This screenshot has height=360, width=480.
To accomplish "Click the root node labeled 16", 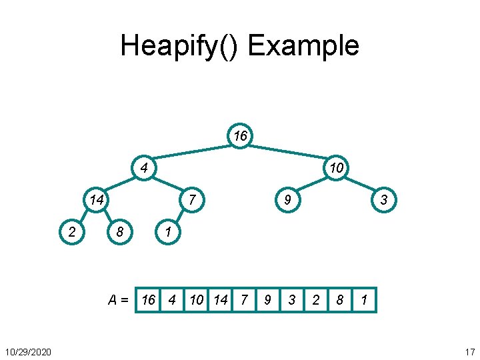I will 240,137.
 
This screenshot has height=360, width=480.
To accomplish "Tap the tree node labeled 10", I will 336,167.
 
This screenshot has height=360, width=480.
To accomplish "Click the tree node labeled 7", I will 192,199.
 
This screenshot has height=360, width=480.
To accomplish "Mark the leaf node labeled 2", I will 72,232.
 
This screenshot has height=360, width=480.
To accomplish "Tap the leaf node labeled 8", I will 120,232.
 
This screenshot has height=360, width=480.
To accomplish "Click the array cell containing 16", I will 149,300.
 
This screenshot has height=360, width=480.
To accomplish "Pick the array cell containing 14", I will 220,300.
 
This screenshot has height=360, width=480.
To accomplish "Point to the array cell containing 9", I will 268,300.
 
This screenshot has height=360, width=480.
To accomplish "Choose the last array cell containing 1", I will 364,300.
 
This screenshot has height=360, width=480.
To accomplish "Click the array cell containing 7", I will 244,300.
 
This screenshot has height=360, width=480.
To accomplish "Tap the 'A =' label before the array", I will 118,300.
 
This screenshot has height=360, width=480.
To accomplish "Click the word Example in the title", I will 303,46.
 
